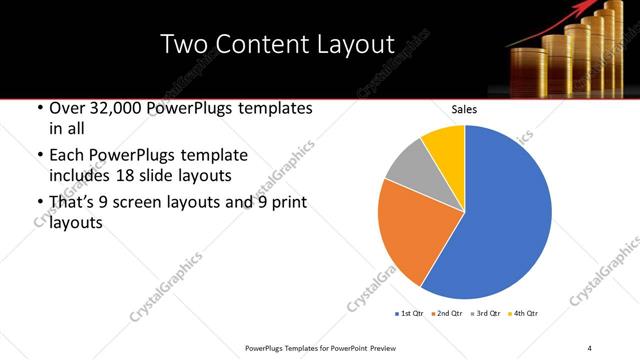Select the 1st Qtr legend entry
point(410,314)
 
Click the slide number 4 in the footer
point(589,347)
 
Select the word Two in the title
point(185,44)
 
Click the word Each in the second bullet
point(67,155)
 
